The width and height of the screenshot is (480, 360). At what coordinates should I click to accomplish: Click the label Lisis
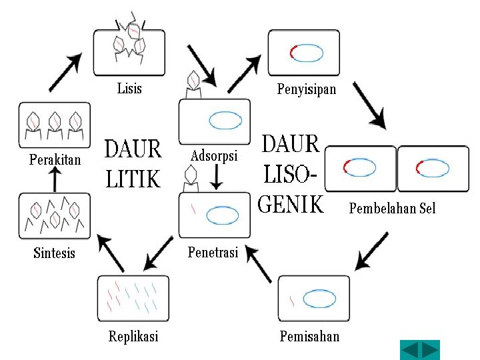129,88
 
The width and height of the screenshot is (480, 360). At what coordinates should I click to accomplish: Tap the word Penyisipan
307,89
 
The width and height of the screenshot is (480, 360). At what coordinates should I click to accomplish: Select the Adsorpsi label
214,156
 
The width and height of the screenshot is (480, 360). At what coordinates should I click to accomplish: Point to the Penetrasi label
213,252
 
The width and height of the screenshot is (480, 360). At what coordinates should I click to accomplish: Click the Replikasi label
133,336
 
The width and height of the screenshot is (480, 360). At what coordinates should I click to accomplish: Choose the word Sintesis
54,253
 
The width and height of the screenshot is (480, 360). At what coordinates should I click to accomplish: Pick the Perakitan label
55,159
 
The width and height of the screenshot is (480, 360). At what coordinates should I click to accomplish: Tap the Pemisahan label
309,336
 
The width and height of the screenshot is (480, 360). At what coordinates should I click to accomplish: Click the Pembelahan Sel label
392,209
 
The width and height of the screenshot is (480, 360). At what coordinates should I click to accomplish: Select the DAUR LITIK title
133,164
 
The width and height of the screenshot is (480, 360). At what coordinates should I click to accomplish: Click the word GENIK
291,205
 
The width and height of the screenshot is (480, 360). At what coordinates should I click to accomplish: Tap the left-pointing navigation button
410,350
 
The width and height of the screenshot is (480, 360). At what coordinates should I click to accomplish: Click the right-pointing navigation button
430,350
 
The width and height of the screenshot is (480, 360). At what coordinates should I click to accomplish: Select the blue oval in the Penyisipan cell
309,53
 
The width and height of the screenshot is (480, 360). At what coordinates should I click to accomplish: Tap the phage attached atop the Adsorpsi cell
193,81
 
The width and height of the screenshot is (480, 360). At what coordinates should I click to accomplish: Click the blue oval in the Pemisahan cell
319,299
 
